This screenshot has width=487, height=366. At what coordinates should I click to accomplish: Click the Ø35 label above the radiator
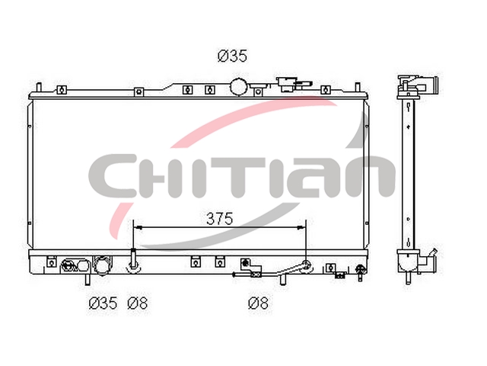pyautogui.click(x=232, y=56)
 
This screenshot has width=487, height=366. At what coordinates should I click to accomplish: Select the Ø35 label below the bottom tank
pyautogui.click(x=103, y=303)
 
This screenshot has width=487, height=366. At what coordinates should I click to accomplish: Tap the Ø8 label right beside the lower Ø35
pyautogui.click(x=137, y=303)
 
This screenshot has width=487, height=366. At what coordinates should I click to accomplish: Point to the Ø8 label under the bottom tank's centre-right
pyautogui.click(x=259, y=303)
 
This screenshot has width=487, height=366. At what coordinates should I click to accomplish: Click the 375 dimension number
pyautogui.click(x=220, y=219)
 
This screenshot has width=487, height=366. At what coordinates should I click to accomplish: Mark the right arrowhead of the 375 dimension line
pyautogui.click(x=301, y=228)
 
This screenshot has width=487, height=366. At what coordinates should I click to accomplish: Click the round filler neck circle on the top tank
pyautogui.click(x=238, y=87)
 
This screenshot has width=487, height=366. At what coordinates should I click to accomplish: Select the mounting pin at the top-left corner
pyautogui.click(x=39, y=88)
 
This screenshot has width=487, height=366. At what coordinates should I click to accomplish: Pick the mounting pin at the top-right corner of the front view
pyautogui.click(x=358, y=88)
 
